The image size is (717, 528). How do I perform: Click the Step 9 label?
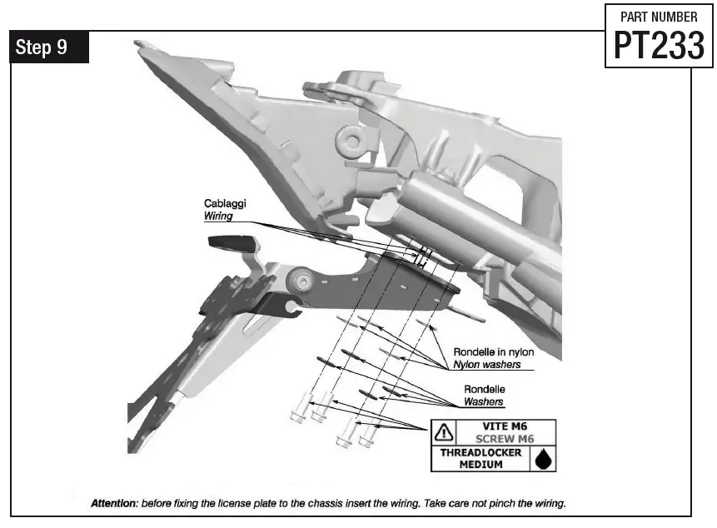[x=42, y=47]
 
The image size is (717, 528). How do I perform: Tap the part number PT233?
[x=659, y=46]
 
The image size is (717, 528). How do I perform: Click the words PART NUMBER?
[x=659, y=16]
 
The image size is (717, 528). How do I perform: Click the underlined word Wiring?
[x=219, y=216]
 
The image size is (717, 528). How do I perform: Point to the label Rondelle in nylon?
[x=494, y=351]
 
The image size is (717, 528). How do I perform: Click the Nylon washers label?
[x=487, y=364]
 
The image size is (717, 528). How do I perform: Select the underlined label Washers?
[x=484, y=401]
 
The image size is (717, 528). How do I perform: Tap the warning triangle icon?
[x=444, y=432]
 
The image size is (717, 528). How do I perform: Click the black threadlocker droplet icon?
[x=542, y=458]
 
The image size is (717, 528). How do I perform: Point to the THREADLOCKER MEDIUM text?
[x=480, y=458]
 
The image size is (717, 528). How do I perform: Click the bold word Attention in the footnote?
[x=114, y=504]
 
